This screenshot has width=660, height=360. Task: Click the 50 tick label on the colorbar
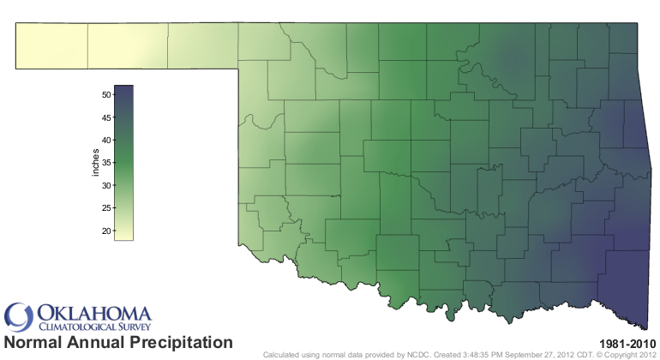click(x=106, y=94)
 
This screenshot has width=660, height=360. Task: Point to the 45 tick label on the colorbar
click(x=106, y=117)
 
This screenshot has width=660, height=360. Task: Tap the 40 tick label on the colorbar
click(x=106, y=140)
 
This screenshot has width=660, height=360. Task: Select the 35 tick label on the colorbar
click(x=106, y=163)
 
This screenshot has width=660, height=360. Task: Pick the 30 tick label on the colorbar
click(x=106, y=185)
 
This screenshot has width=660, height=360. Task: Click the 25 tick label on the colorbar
click(x=106, y=208)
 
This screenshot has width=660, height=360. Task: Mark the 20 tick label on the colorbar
click(x=106, y=231)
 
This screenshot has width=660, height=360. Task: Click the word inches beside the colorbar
click(x=96, y=163)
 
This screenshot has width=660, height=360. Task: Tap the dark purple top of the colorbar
click(x=123, y=87)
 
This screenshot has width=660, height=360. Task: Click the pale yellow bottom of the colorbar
click(x=123, y=237)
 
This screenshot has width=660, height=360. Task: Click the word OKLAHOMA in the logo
click(x=94, y=313)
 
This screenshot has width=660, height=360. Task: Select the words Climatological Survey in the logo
click(x=93, y=327)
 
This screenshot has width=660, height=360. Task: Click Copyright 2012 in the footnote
click(x=630, y=354)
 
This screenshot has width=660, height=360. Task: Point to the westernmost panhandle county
click(x=51, y=45)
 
